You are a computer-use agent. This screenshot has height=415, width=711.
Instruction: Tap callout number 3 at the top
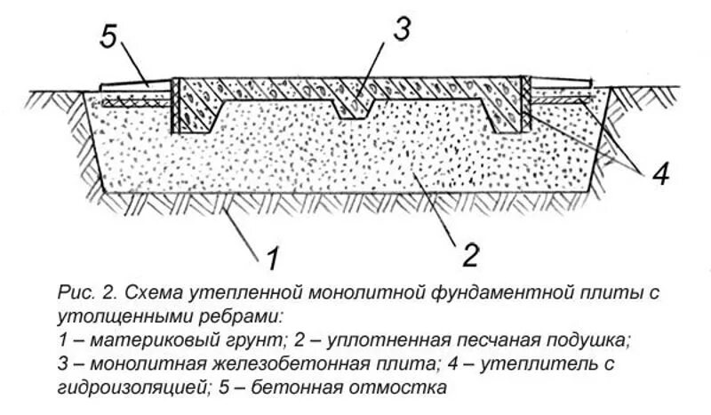402,29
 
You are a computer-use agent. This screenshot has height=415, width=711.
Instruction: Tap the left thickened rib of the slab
204,114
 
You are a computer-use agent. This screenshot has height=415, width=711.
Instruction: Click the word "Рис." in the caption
74,292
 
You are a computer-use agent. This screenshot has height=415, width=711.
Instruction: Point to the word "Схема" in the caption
153,292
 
